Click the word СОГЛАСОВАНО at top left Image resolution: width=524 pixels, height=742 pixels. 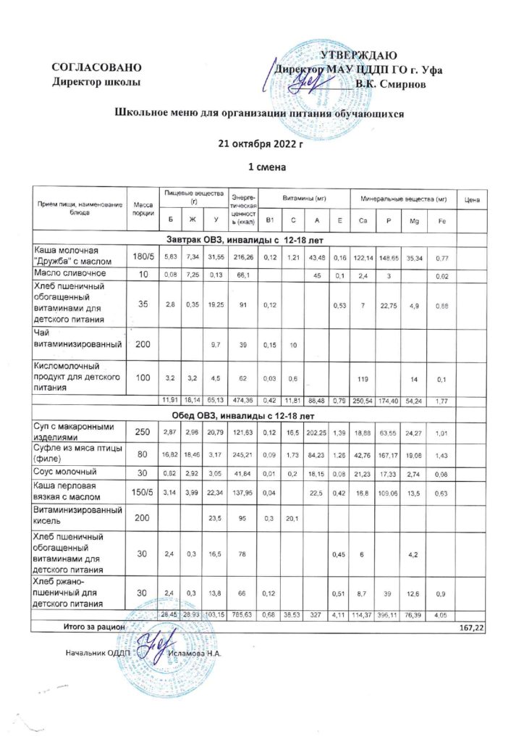91,69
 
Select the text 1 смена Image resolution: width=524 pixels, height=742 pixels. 262,167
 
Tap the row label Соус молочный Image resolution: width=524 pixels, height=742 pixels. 66,472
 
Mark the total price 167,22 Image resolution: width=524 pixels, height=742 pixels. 471,625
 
